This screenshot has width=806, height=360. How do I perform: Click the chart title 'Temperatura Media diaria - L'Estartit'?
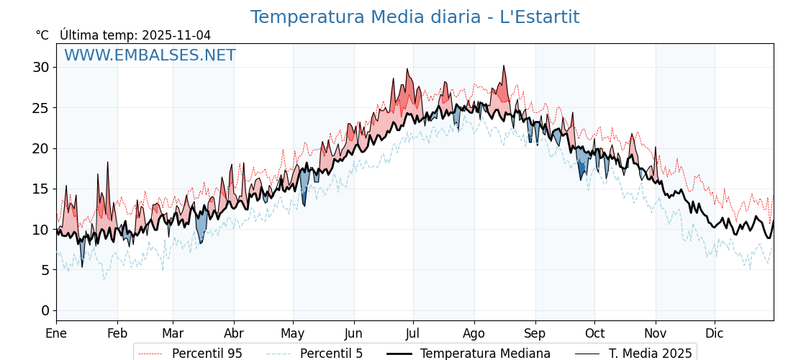click(x=415, y=17)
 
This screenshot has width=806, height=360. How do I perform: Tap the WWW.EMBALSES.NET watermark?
click(x=150, y=55)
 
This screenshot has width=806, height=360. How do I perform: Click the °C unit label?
click(x=42, y=35)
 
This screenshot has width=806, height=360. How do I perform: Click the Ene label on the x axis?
click(x=56, y=333)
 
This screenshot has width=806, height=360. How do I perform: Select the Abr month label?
click(x=234, y=333)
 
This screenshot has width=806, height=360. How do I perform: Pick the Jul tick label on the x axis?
click(x=413, y=333)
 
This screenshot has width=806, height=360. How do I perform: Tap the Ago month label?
click(x=474, y=333)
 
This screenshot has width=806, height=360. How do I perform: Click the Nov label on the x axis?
click(x=656, y=333)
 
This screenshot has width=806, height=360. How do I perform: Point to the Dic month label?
click(x=715, y=333)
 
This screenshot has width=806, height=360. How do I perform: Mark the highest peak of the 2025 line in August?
click(x=504, y=66)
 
